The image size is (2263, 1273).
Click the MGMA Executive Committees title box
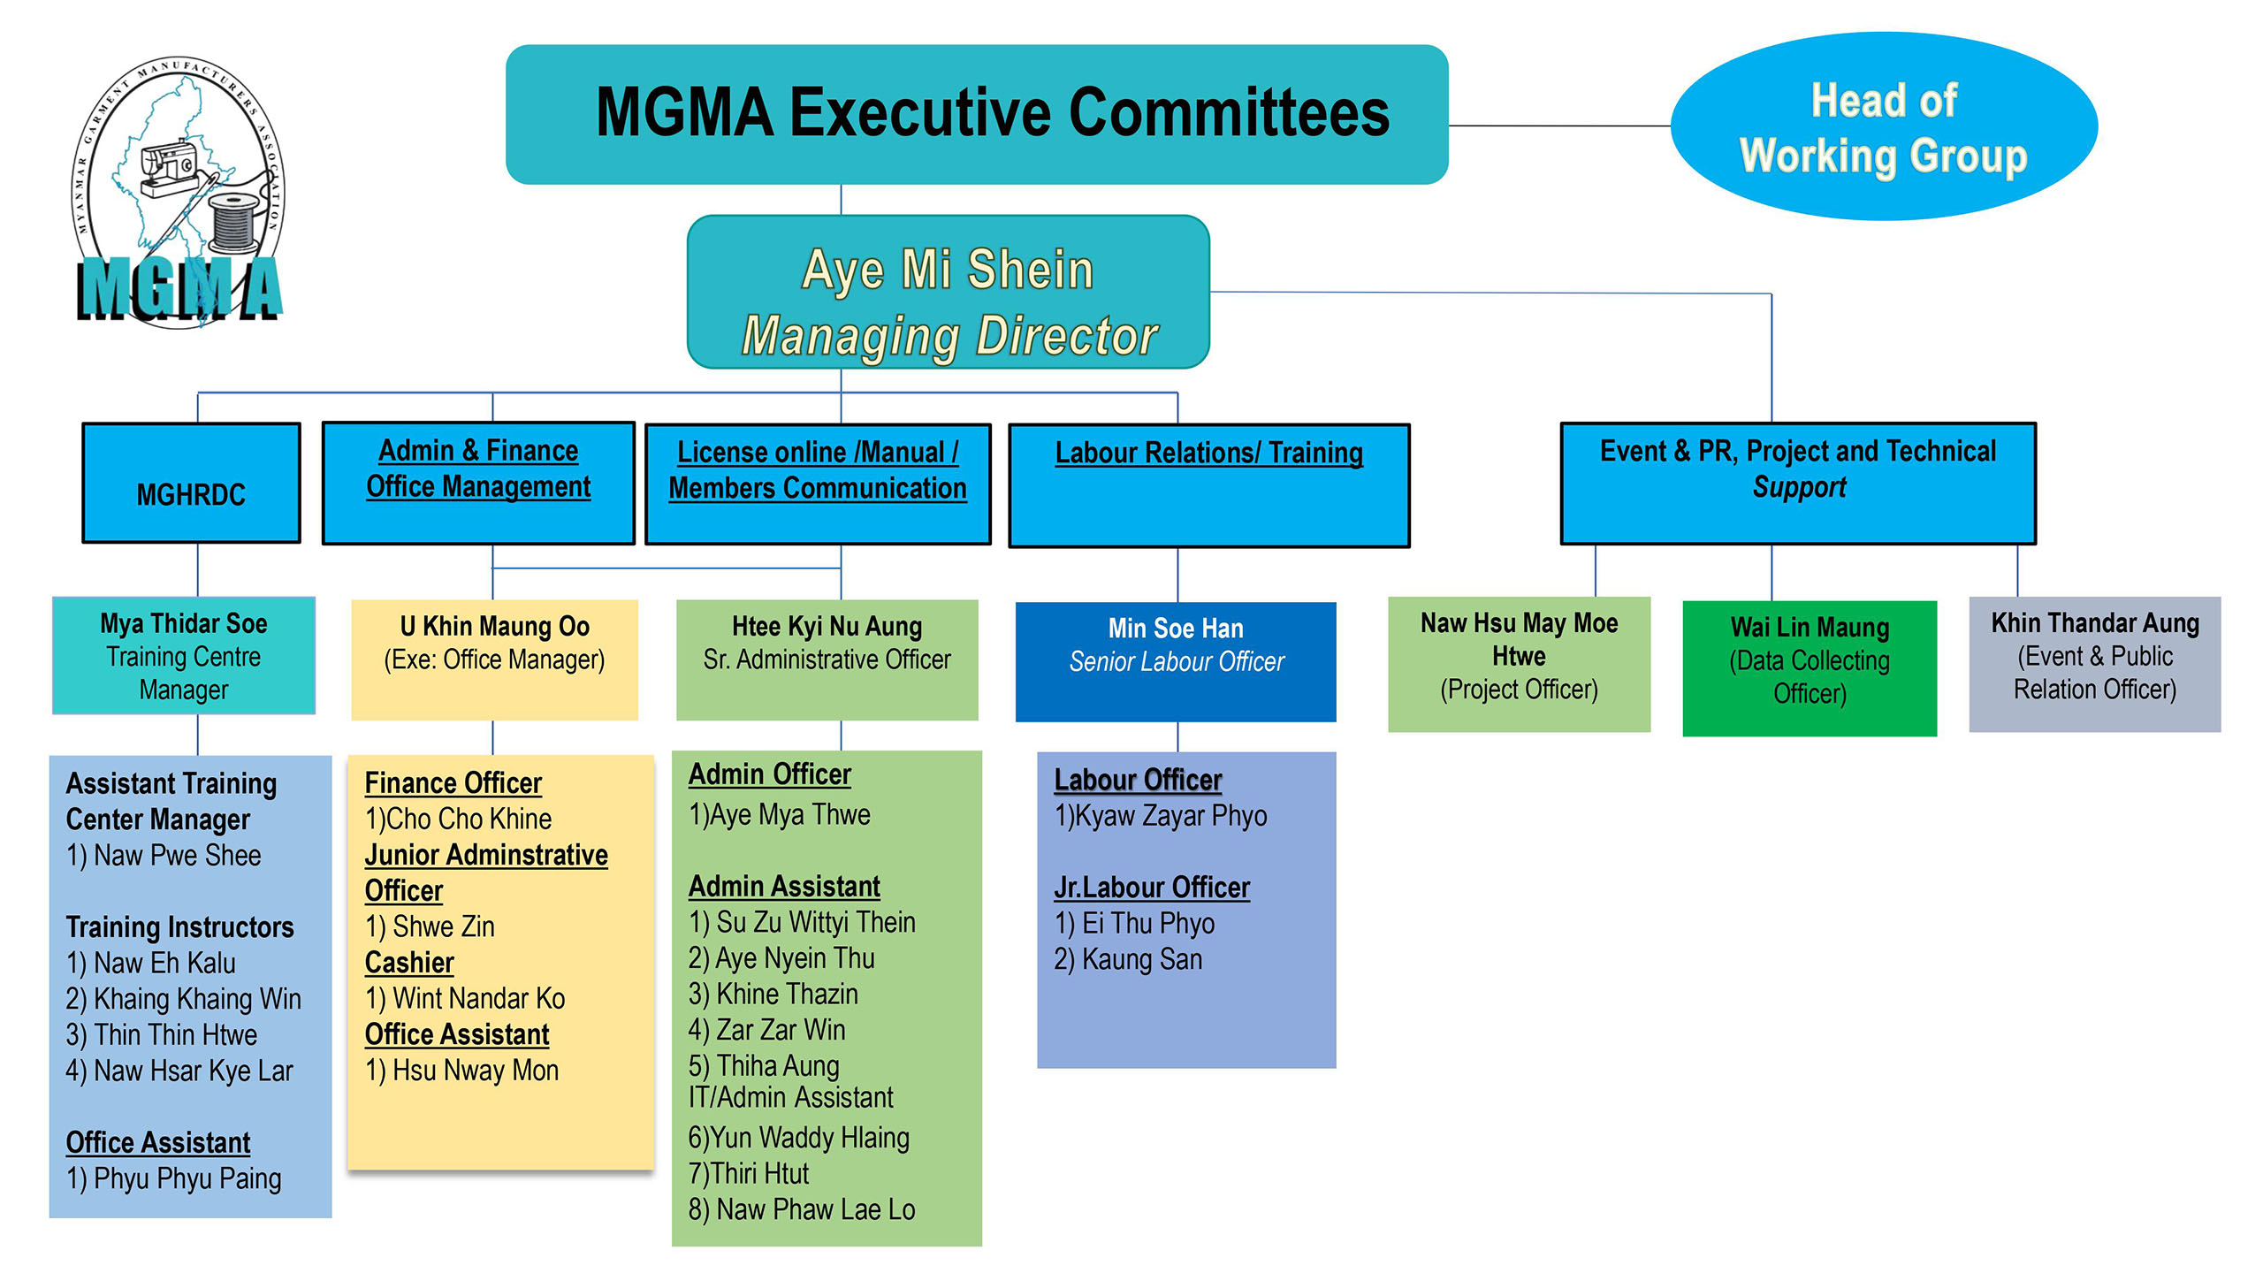pos(977,114)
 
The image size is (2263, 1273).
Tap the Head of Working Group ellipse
pos(1884,126)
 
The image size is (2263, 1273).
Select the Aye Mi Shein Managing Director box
pos(949,292)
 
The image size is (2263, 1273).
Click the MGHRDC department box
pos(192,483)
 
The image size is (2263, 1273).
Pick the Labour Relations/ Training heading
pos(1208,453)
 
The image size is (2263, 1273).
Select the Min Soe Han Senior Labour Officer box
pos(1176,661)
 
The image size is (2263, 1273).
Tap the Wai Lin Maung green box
pos(1810,667)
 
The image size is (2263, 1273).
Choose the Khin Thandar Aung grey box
pos(2095,664)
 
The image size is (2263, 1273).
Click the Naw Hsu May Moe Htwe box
pos(1519,664)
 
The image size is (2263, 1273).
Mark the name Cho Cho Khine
pos(469,819)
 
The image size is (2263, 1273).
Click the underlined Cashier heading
pos(409,963)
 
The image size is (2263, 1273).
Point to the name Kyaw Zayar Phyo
pos(1171,816)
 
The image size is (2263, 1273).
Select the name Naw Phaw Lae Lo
pos(816,1209)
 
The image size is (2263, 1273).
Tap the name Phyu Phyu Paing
pos(187,1179)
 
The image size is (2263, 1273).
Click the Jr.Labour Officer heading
pos(1152,888)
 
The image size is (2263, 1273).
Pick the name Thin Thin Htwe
pos(176,1035)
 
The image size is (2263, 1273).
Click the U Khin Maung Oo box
pos(494,659)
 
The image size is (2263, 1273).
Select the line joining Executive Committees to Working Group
pos(1559,126)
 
